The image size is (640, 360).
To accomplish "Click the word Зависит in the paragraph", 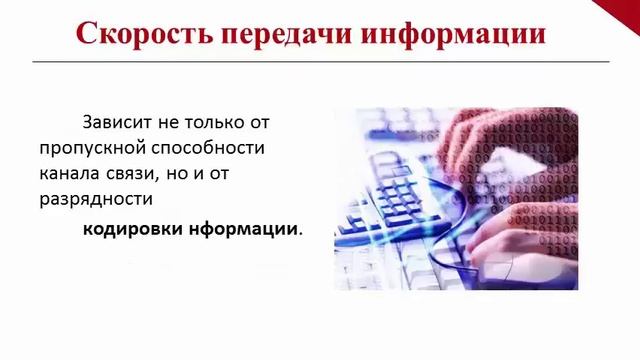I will pos(117,122).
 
